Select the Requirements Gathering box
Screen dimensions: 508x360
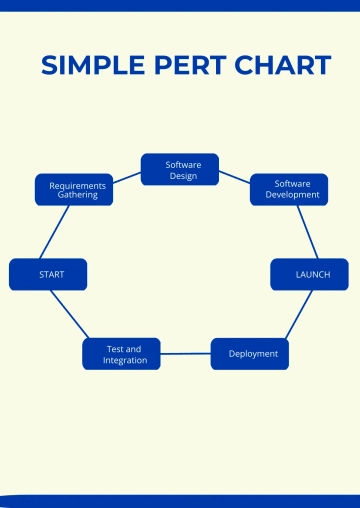(x=74, y=190)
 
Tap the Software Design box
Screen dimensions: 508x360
(x=179, y=169)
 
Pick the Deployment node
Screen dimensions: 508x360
(x=250, y=354)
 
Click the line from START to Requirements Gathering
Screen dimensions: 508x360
(x=55, y=232)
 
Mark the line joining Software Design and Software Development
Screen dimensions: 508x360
(x=234, y=177)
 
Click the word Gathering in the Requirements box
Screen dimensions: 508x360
(x=78, y=195)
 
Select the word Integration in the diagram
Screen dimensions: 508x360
(x=125, y=360)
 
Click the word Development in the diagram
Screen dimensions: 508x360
(x=292, y=195)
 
